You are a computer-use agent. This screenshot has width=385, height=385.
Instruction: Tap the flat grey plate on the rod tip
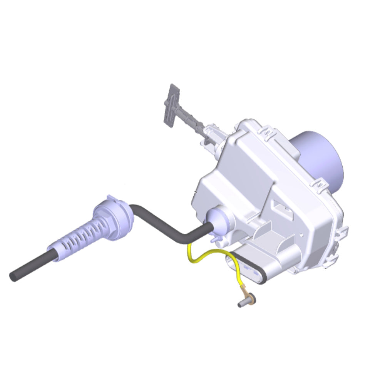tap(171, 104)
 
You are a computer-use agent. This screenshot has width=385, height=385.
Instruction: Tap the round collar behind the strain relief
tap(115, 217)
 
